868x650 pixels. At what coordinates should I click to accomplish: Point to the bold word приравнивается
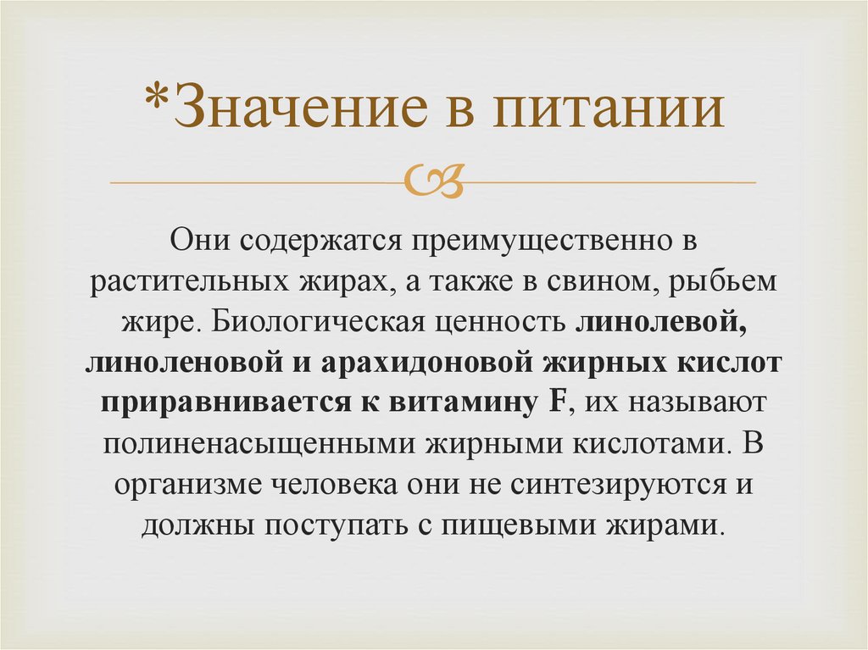coord(214,403)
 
